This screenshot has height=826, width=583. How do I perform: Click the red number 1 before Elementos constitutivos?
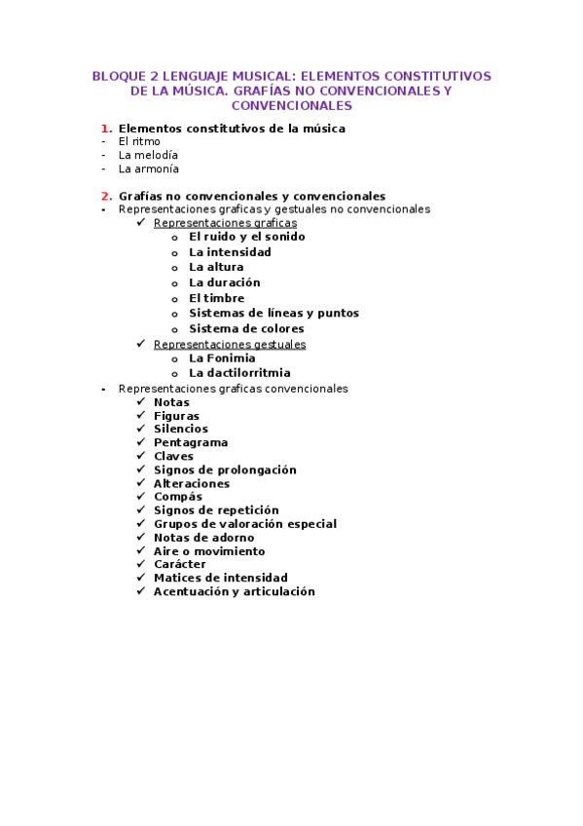coord(106,129)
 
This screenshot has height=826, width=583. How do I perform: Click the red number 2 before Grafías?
coord(106,196)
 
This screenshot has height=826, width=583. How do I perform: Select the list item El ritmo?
coord(139,141)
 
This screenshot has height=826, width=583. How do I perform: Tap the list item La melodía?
coord(148,155)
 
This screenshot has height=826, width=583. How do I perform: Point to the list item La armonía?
coord(149,169)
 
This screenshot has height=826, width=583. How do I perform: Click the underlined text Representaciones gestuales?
coord(230,344)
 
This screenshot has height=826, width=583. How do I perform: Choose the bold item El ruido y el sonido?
coord(247,237)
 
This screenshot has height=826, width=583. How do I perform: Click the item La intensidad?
coord(230,252)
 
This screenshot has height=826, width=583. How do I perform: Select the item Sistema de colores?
coord(246,329)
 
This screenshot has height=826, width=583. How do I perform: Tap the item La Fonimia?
coord(222,358)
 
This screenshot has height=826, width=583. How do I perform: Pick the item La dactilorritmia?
coord(239,373)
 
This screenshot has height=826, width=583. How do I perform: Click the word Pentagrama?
coord(191,443)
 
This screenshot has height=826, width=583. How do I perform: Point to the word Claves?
coord(173,457)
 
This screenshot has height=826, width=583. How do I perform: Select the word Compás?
coord(178,497)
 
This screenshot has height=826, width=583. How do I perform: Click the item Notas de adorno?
coord(203,538)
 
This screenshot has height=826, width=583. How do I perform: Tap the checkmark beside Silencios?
coord(142,429)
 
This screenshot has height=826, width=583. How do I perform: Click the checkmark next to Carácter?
coord(142,564)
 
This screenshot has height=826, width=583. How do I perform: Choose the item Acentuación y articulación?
coord(234,591)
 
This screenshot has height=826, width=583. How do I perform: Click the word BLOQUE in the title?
coord(115,76)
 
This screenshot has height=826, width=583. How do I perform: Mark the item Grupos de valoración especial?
coord(244,524)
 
